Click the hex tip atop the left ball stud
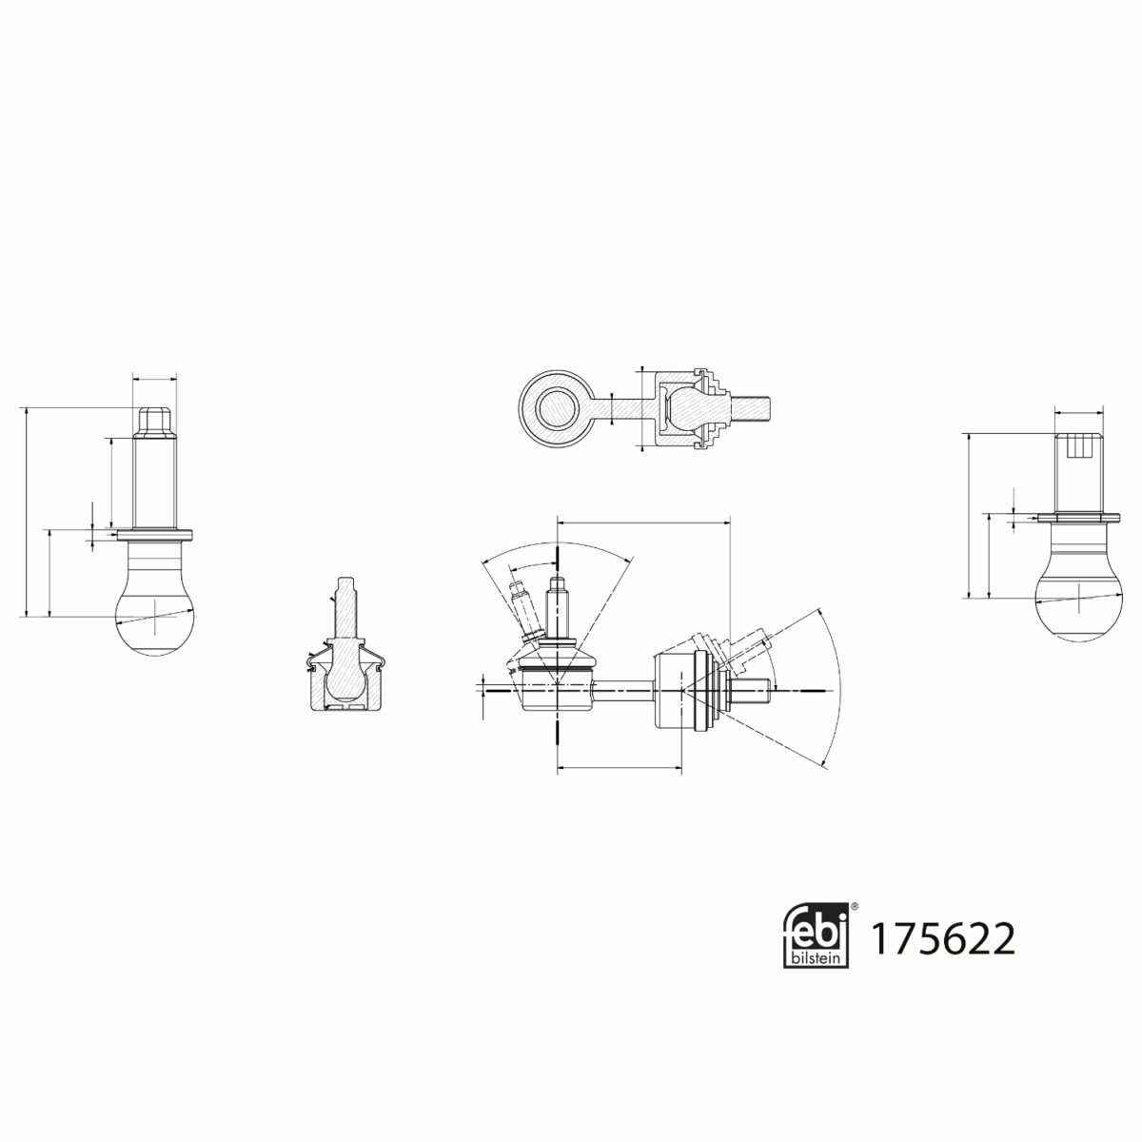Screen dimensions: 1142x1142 click(153, 419)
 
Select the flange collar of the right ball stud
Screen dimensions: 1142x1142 click(1082, 518)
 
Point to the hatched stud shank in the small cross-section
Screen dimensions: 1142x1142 click(346, 609)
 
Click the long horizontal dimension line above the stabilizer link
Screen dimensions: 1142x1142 click(643, 522)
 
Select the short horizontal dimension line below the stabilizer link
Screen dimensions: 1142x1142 click(619, 764)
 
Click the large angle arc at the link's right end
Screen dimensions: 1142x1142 click(837, 685)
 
